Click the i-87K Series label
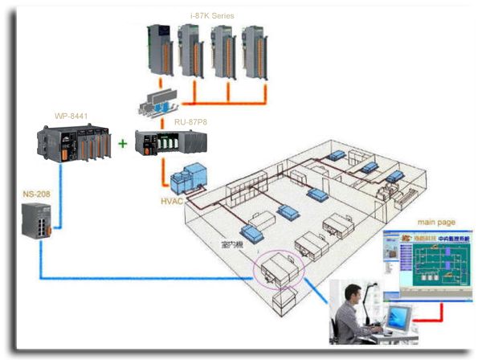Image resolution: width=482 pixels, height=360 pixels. (x=212, y=15)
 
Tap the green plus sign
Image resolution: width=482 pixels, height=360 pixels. (x=123, y=144)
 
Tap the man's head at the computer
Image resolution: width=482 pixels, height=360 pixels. (x=353, y=292)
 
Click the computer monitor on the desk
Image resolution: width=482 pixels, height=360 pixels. (x=397, y=319)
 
